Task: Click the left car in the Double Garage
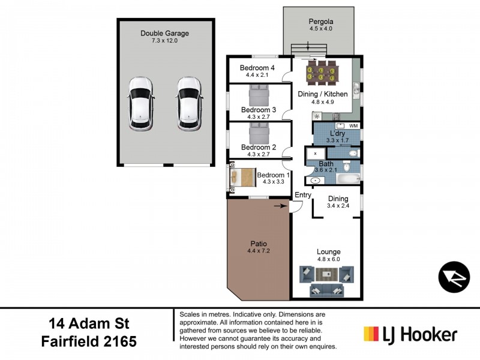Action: pyautogui.click(x=139, y=103)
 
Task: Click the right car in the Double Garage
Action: pyautogui.click(x=189, y=103)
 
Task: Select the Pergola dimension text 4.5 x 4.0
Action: pyautogui.click(x=320, y=28)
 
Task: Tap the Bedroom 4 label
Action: pyautogui.click(x=257, y=68)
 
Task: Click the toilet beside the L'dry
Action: pyautogui.click(x=353, y=154)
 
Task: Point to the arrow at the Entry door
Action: pyautogui.click(x=280, y=206)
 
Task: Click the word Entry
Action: pyautogui.click(x=303, y=195)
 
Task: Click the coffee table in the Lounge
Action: pyautogui.click(x=327, y=275)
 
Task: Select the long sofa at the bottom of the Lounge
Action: pyautogui.click(x=327, y=291)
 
